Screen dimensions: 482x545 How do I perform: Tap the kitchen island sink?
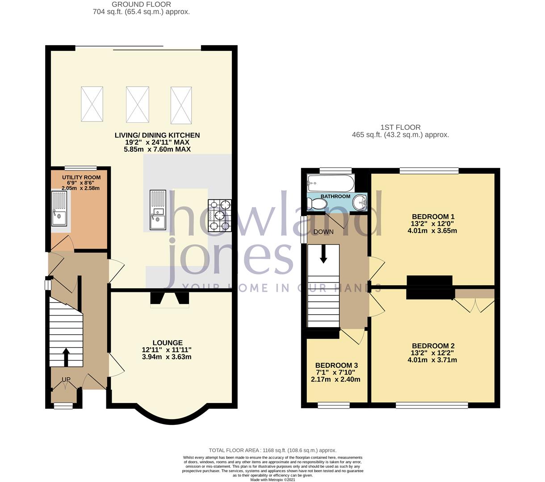[x=158, y=210]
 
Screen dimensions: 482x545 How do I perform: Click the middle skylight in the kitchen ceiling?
[x=137, y=104]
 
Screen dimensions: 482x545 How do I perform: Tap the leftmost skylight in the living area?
[x=92, y=104]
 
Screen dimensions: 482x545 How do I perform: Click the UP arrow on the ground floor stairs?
[x=66, y=357]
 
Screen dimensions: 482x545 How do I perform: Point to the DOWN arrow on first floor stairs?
[x=323, y=253]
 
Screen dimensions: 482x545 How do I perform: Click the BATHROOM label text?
[x=335, y=196]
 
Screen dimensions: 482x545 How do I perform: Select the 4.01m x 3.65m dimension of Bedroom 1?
[x=432, y=231]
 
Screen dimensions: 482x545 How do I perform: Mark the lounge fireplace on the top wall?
[x=170, y=299]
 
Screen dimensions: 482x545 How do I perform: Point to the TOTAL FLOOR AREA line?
[x=272, y=450]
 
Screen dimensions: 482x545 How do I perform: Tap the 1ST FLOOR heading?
[x=400, y=127]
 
